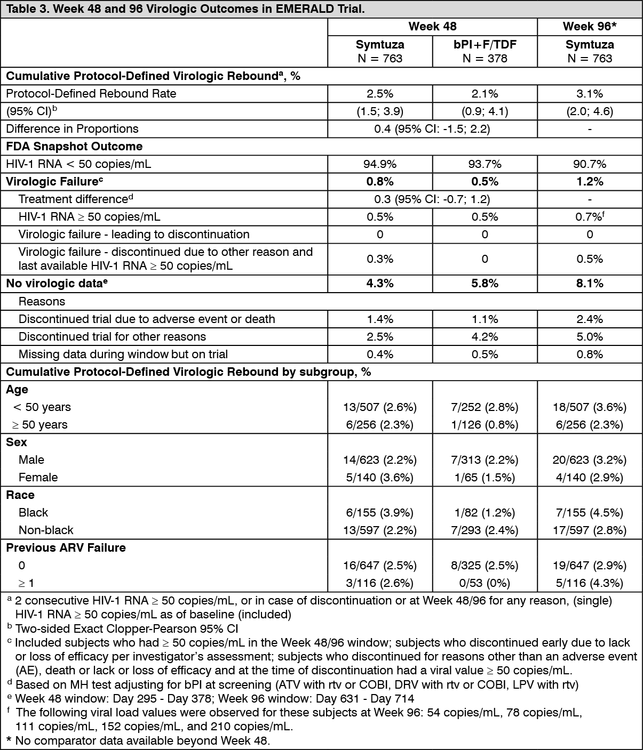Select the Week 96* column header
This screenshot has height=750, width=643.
[x=589, y=27]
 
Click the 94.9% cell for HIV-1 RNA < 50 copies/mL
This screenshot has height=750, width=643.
[x=380, y=164]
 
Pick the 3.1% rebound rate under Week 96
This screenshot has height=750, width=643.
[x=589, y=94]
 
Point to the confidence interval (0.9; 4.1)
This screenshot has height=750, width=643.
[x=485, y=111]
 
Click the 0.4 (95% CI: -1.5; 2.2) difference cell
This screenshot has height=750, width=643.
[x=432, y=129]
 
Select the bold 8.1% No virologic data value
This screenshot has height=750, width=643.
[x=589, y=284]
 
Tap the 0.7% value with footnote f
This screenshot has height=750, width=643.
[x=589, y=217]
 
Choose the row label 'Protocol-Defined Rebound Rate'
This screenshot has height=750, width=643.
[x=91, y=94]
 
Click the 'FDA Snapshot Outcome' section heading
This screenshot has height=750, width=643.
[x=74, y=147]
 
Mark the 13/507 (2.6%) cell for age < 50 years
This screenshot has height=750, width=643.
[x=380, y=407]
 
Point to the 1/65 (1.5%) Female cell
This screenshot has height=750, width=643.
[x=485, y=478]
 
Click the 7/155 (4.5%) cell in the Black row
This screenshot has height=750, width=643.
[x=589, y=513]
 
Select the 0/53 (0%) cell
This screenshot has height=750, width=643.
[x=485, y=583]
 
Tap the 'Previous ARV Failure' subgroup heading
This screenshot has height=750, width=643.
[x=66, y=548]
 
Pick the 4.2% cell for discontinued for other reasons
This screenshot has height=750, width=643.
[x=485, y=337]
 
